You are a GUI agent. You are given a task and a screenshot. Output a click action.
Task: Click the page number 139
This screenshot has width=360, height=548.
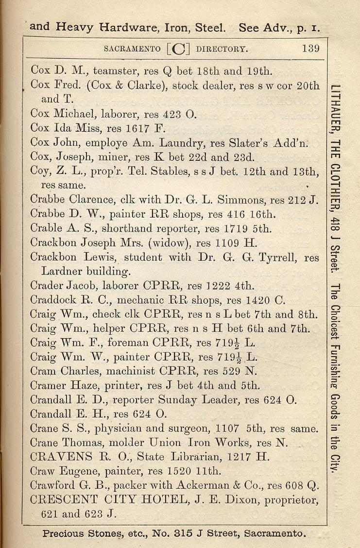[309, 48]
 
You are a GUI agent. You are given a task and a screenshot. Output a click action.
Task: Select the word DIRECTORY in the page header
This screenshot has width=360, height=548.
[222, 49]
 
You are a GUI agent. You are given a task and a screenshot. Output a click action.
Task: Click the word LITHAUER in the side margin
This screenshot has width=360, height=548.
[336, 116]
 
